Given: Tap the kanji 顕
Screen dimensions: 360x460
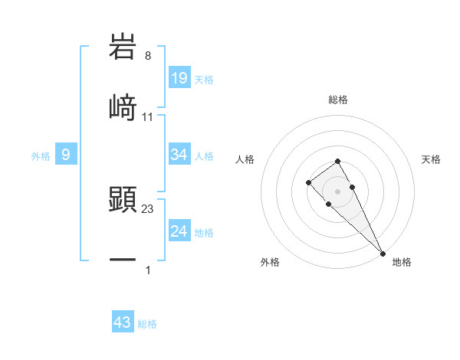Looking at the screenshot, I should (123, 200).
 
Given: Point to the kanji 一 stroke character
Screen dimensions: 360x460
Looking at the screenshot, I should (123, 260).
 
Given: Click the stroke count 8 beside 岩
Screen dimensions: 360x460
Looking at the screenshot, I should (148, 57).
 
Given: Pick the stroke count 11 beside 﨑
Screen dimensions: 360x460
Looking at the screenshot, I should (148, 117).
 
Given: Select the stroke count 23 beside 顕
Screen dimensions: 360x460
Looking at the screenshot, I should (148, 209).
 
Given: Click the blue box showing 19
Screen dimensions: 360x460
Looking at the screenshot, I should (179, 77).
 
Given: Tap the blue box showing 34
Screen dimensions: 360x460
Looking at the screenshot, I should (179, 155).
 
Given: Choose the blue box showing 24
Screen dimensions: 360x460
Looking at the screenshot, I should (179, 231).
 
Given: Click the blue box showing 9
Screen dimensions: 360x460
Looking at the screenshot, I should (66, 155).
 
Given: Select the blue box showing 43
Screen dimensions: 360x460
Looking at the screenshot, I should (123, 322).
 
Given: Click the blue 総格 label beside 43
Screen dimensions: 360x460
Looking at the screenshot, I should (147, 324).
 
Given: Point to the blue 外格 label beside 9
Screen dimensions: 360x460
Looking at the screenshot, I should (41, 156).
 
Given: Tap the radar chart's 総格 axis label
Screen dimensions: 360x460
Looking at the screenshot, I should (338, 100).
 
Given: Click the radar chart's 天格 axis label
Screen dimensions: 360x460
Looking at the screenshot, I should (432, 159).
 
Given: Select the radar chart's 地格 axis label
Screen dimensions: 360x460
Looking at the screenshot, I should (402, 262).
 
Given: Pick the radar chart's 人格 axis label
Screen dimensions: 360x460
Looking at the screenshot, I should (245, 159).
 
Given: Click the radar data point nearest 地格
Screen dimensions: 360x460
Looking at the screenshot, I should (382, 252).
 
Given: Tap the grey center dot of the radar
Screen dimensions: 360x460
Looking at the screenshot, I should (338, 191).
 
